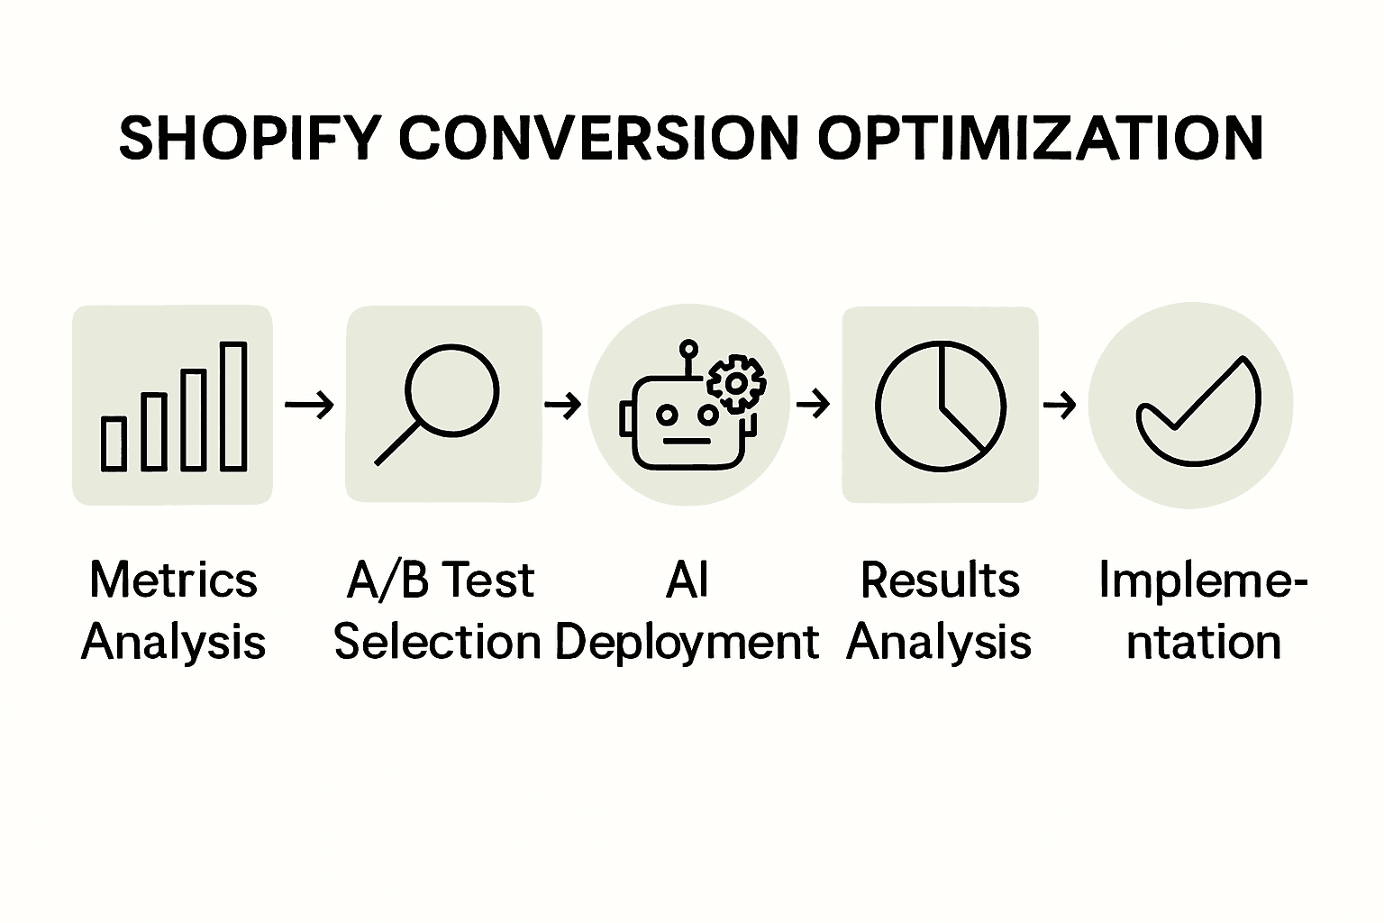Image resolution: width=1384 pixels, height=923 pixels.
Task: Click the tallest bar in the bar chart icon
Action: tap(233, 407)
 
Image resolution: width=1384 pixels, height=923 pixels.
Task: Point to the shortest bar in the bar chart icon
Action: tap(114, 443)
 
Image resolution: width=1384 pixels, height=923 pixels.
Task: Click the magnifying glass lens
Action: tap(451, 391)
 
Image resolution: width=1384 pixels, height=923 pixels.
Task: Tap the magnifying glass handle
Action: tap(396, 443)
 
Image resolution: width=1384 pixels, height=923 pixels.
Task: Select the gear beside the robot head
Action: tap(736, 383)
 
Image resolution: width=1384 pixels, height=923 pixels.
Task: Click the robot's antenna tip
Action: tap(688, 347)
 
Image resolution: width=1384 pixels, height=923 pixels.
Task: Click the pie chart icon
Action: tap(940, 406)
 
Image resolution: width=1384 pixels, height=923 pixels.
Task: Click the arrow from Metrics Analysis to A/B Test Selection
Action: tap(309, 405)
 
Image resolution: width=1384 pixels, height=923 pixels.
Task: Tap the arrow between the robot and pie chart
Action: tap(814, 405)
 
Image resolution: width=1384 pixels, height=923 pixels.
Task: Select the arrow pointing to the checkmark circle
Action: tap(1060, 405)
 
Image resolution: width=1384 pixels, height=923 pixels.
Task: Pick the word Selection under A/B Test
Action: tap(438, 643)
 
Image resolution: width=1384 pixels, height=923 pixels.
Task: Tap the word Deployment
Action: tap(687, 644)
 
